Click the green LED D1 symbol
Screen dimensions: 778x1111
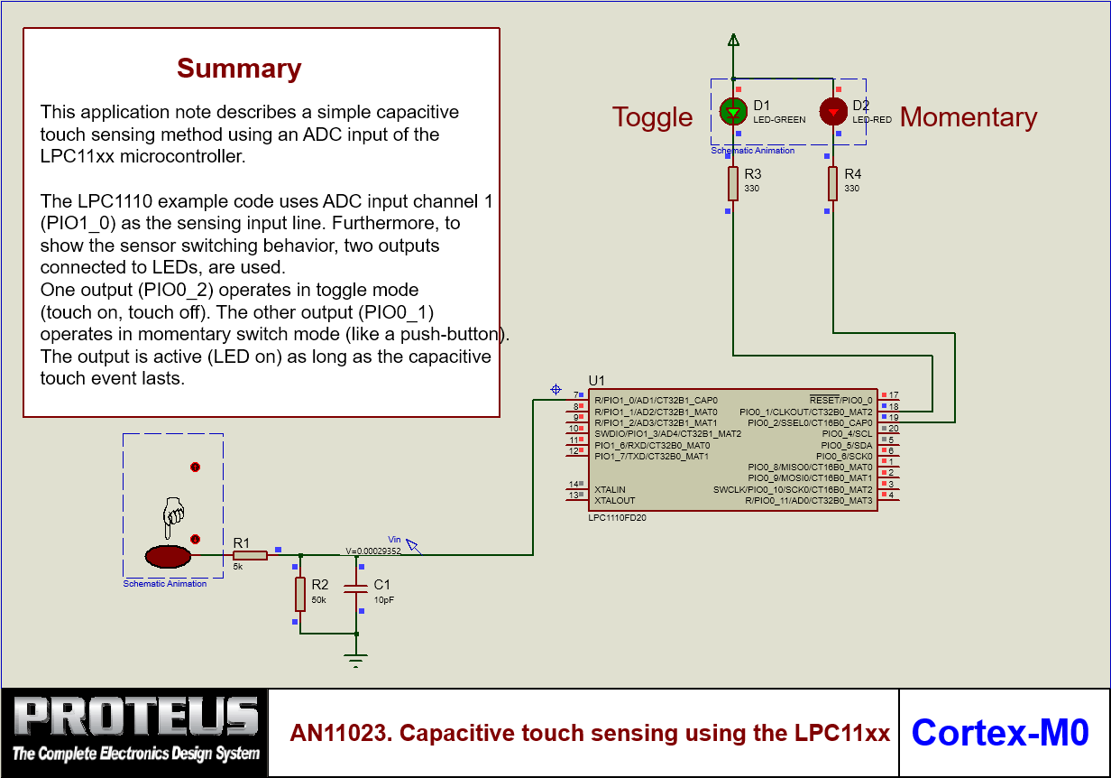733,112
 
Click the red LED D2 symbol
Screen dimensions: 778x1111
832,112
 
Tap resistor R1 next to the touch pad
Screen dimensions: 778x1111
250,555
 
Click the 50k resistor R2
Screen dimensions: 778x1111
300,594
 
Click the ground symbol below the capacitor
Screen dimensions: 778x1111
357,661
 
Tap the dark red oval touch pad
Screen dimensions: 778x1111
169,556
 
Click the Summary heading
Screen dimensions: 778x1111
239,69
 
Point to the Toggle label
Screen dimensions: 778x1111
652,117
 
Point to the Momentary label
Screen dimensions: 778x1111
969,117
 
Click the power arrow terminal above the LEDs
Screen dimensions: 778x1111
733,40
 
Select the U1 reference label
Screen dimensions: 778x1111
597,380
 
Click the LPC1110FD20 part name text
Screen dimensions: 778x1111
617,518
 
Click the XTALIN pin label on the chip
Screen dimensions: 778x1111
610,489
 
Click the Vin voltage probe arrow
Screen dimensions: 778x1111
413,545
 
